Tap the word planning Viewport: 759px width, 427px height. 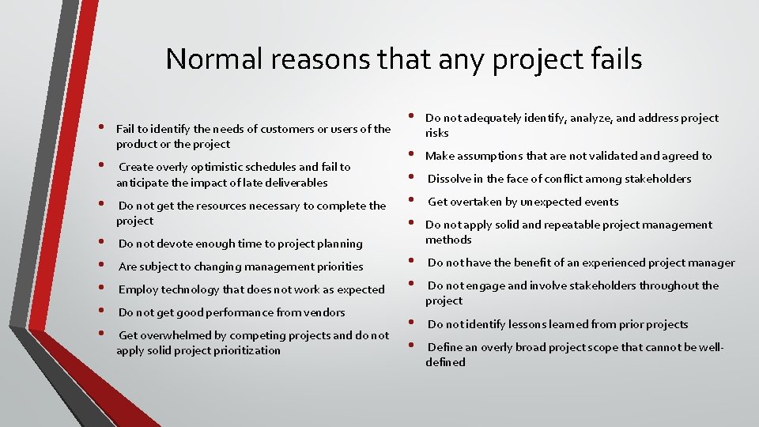coord(340,244)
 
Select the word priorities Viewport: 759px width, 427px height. coord(332,266)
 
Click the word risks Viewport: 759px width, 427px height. coord(437,133)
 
